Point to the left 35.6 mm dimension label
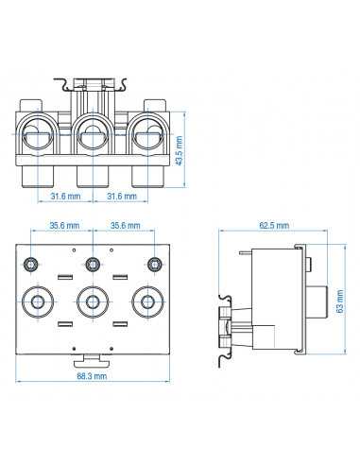point(64,227)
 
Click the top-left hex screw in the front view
point(34,262)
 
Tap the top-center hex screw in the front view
point(93,262)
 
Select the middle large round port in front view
point(93,302)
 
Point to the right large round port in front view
point(147,302)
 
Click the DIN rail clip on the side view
point(227,331)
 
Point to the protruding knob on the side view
point(317,301)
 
